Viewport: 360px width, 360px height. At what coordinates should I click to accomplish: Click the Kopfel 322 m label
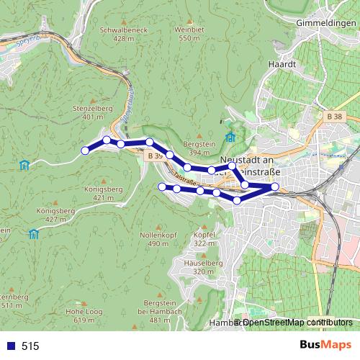204,239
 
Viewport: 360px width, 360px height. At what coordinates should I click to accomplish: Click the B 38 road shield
333,116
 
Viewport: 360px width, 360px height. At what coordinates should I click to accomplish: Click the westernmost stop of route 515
85,150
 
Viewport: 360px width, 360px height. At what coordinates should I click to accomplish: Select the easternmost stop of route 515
274,187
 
